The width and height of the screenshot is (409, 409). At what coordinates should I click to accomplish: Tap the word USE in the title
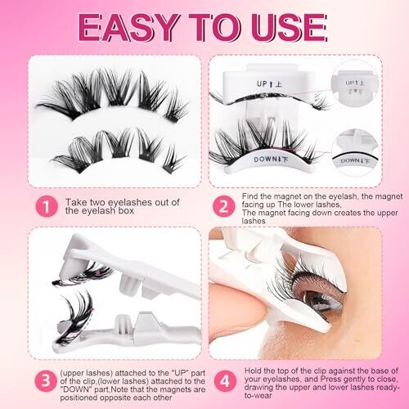point(289,28)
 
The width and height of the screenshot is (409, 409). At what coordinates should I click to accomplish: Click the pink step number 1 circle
point(47,206)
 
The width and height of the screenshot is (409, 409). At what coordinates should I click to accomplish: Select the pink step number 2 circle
point(224,206)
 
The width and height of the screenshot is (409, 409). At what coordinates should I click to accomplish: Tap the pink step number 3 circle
point(46,380)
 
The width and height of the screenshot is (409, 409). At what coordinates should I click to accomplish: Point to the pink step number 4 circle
point(225,381)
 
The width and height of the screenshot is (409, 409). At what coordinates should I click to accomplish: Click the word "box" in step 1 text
point(125,210)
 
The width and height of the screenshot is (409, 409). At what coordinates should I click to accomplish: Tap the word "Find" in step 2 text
point(249,196)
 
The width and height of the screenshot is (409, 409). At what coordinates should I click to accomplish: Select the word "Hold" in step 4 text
point(253,371)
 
